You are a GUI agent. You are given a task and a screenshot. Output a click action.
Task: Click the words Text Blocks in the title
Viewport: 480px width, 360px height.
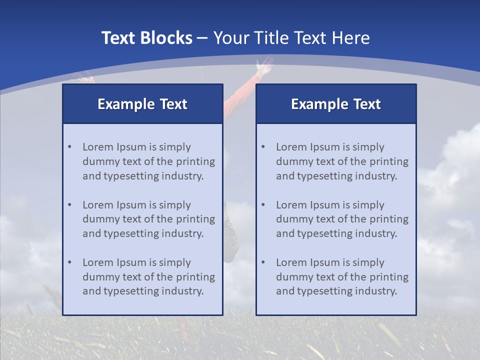(x=146, y=38)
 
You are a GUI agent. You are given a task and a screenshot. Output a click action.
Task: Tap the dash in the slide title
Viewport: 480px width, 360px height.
(x=202, y=38)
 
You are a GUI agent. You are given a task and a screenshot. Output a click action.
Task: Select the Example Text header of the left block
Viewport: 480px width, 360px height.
(x=142, y=104)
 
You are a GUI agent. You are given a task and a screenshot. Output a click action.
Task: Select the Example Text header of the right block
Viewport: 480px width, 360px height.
(x=336, y=104)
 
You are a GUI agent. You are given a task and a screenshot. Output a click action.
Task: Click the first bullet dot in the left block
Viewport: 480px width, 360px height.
(x=69, y=147)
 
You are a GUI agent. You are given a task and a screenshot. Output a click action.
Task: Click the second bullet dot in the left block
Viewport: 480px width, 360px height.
(x=69, y=205)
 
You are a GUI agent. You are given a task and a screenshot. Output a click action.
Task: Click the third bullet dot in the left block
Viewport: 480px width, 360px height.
(x=69, y=262)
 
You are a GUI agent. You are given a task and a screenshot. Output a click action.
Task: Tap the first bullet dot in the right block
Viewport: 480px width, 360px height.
(x=263, y=147)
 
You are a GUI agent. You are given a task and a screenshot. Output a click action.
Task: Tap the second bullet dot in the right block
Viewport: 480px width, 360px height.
(x=263, y=205)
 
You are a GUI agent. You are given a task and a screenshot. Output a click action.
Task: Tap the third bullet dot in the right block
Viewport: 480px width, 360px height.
(x=263, y=262)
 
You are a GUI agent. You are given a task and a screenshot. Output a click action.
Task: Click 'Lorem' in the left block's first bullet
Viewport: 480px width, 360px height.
(x=97, y=147)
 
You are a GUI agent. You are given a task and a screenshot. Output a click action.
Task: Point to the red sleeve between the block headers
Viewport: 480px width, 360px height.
(x=239, y=97)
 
